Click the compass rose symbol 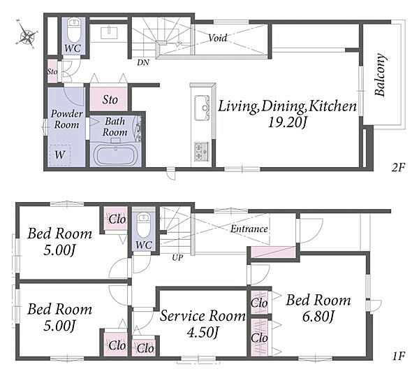(x=27, y=34)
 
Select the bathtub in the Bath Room (x=116, y=155)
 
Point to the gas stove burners (x=202, y=152)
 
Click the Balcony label (x=381, y=75)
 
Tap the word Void (x=217, y=38)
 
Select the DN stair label (x=143, y=63)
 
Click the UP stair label (x=177, y=258)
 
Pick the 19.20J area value (x=287, y=123)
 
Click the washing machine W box (x=60, y=155)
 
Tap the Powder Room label (x=66, y=120)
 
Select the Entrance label (x=249, y=229)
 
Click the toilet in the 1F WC (x=144, y=225)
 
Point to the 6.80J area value (x=318, y=317)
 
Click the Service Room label (x=203, y=316)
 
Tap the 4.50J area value (x=203, y=333)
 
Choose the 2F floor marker (x=398, y=168)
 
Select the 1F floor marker (x=399, y=356)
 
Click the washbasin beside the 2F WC (x=109, y=33)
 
